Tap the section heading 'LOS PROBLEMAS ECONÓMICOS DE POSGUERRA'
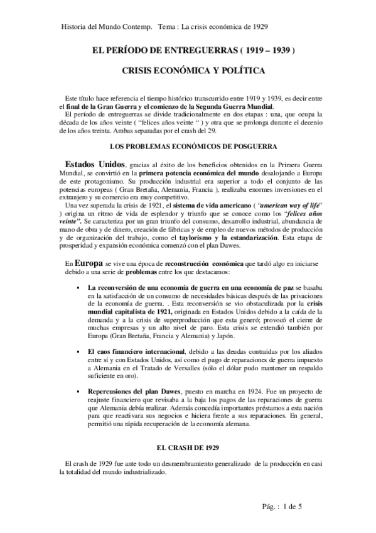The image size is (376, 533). [188, 146]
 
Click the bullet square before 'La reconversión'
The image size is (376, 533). [75, 287]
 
